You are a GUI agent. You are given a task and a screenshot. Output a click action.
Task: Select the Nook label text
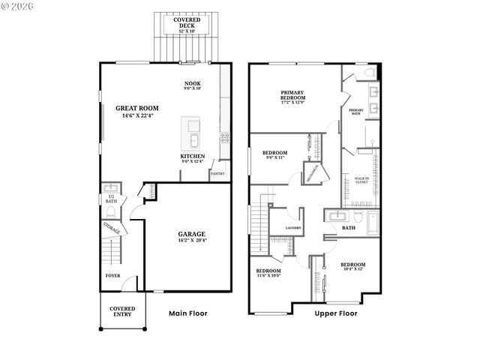[x=193, y=85]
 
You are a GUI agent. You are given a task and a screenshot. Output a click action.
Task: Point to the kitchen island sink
[x=193, y=140]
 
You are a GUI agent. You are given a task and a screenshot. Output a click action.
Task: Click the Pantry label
[x=217, y=173]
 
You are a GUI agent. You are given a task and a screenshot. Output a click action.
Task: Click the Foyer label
[x=112, y=275]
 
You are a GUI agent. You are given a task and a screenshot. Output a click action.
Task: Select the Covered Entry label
[x=122, y=312]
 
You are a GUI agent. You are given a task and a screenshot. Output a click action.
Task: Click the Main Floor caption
[x=187, y=313]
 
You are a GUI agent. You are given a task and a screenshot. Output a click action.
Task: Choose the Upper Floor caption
[x=337, y=313]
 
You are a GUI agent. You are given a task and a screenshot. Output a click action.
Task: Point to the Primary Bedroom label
[x=293, y=95]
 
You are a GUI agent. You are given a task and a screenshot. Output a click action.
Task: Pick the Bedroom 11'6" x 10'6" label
[x=268, y=274]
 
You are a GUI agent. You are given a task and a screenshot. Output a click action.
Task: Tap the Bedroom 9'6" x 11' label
[x=275, y=154]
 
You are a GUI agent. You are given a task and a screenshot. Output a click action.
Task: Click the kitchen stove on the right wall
[x=223, y=136]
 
